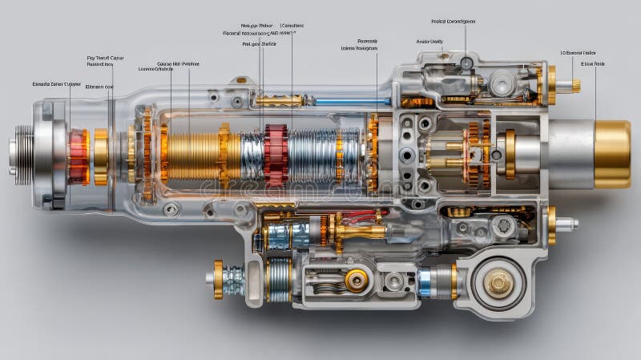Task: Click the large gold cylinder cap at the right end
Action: tap(612, 154)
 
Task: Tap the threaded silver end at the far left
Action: tap(21, 151)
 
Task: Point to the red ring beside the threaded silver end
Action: tap(79, 156)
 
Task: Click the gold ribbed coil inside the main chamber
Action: tap(192, 156)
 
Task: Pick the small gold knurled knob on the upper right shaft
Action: tap(575, 86)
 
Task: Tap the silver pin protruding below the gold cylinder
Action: tap(567, 224)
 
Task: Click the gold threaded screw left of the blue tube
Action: tap(279, 101)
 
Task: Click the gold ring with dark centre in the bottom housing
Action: tap(357, 279)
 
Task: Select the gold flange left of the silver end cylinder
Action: tap(510, 154)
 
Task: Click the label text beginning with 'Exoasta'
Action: tap(56, 83)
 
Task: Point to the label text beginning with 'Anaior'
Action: tap(429, 41)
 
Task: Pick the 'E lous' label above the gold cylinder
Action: tap(594, 63)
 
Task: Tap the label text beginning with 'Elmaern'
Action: tap(99, 87)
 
